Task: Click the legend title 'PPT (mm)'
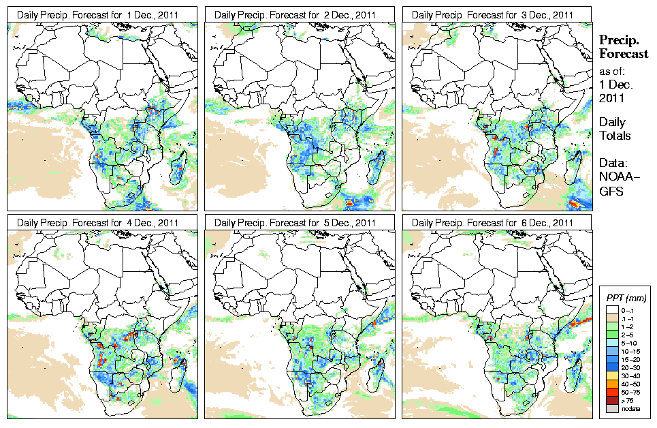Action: click(x=627, y=299)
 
